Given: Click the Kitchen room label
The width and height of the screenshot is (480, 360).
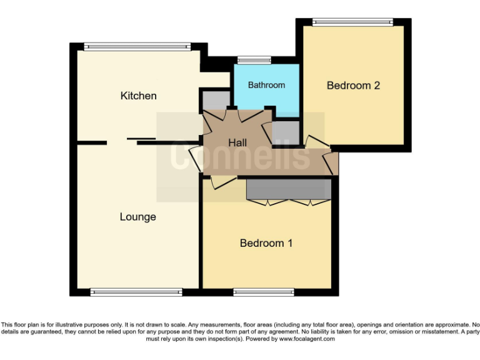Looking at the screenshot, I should [x=138, y=96].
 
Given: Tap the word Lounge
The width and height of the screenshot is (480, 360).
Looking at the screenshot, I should [x=137, y=217].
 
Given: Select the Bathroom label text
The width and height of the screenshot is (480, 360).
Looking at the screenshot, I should [x=266, y=85].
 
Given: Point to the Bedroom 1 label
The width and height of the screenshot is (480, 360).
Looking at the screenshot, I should [x=266, y=243].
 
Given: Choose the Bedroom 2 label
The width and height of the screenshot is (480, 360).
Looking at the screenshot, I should [x=353, y=86].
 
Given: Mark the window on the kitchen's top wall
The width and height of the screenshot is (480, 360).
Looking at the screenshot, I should [x=137, y=46].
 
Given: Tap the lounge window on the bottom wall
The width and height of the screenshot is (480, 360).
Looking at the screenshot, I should [x=136, y=292].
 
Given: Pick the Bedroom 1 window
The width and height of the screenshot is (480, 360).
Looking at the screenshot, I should [x=263, y=292].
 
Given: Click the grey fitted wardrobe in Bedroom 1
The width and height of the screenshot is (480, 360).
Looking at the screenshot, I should [x=289, y=189].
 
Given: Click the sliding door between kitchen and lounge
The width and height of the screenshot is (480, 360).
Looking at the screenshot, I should [x=141, y=139].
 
